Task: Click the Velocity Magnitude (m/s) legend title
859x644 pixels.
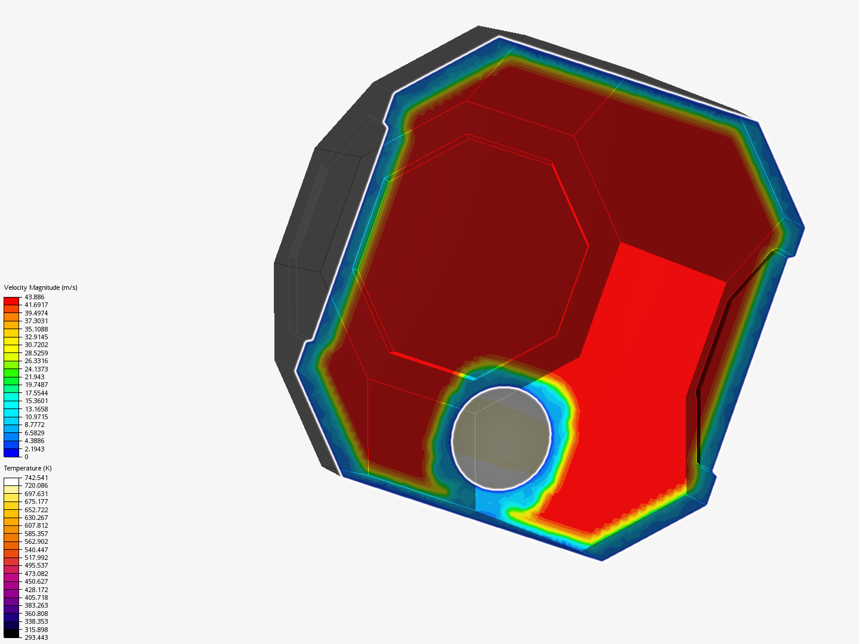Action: (41, 288)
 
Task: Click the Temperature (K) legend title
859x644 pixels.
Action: (28, 469)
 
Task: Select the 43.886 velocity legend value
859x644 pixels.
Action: (35, 297)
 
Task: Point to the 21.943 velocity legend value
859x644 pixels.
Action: (35, 377)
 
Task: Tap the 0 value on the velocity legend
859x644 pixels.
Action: (27, 457)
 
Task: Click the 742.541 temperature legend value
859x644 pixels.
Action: (36, 478)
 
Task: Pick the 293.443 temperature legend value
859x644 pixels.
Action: (36, 637)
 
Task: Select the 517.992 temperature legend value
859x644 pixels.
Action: (36, 558)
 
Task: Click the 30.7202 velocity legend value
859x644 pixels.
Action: (36, 345)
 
